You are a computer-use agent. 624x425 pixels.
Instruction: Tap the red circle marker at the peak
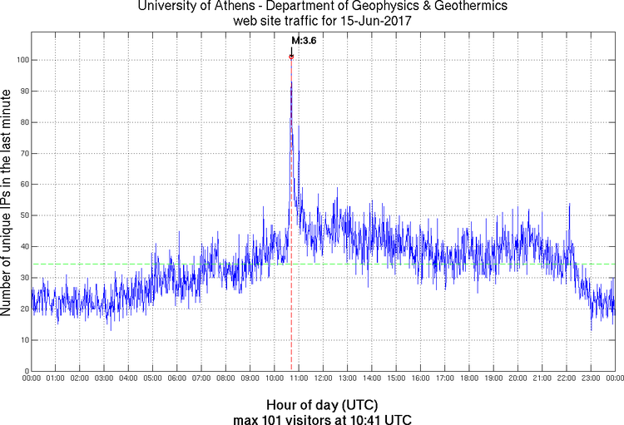291,57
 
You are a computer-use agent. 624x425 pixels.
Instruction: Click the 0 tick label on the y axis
26,371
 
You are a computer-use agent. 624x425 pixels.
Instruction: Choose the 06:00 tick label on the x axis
177,378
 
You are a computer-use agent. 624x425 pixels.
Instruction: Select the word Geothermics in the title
465,6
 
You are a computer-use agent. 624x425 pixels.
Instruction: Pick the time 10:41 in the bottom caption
362,418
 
